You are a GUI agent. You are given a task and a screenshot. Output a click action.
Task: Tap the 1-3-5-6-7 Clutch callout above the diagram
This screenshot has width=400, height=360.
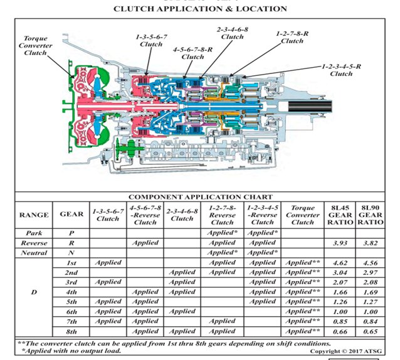151,41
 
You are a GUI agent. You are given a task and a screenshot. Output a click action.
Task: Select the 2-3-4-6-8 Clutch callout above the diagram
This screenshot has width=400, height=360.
232,33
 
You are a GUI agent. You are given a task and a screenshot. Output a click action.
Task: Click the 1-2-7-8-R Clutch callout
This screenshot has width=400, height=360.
292,37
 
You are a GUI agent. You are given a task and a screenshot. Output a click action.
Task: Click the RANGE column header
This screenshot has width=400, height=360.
34,214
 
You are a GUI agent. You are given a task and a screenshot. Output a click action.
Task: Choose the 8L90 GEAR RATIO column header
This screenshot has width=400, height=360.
371,214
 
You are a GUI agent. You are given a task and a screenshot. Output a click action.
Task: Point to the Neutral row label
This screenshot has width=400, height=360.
34,252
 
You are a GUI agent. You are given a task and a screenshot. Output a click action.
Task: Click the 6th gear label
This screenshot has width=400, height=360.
70,312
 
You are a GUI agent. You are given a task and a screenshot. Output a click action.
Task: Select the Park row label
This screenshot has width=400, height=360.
34,232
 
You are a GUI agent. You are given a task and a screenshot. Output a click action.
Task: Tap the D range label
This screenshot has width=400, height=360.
34,292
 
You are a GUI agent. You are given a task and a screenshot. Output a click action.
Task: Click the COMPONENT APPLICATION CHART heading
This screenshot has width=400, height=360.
201,197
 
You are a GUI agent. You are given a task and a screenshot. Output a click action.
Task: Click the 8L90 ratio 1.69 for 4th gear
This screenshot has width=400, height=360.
371,292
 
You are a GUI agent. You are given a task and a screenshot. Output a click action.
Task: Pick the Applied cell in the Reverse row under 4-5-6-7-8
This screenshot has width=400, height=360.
145,243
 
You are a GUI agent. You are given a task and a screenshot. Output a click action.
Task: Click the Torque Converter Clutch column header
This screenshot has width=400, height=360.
303,214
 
